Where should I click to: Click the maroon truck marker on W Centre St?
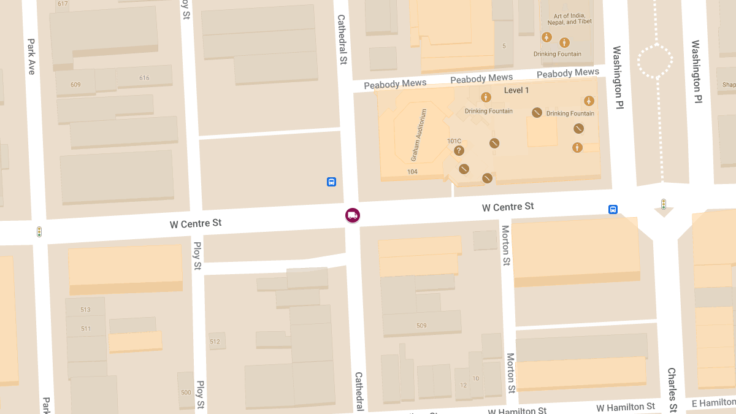[352, 215]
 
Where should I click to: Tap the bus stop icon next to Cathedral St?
[331, 182]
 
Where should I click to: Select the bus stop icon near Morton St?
[613, 209]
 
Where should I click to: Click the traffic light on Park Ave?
[39, 232]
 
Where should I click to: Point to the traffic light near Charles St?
[663, 204]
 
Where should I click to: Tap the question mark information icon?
[459, 151]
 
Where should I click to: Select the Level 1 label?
[516, 90]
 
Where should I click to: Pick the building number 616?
[144, 78]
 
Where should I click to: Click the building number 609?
[75, 85]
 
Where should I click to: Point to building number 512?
[215, 342]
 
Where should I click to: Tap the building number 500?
[186, 393]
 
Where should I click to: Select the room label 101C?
[454, 141]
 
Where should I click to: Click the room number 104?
[412, 172]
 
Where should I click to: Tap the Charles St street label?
[672, 390]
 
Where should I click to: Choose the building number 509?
[421, 326]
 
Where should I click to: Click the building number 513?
[85, 310]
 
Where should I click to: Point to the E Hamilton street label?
[713, 402]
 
